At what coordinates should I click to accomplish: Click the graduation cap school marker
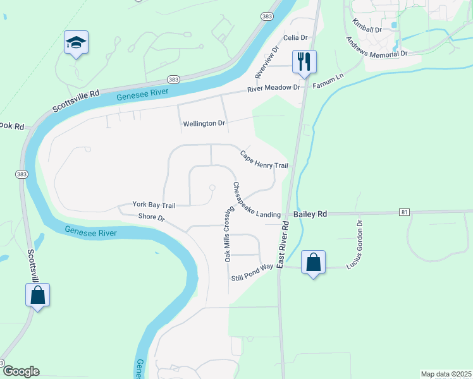click(76, 44)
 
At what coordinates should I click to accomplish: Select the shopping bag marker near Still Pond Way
click(314, 262)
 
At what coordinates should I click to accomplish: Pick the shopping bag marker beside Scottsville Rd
click(37, 295)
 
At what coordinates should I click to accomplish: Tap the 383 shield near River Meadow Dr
click(173, 79)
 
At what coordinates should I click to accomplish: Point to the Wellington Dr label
click(204, 123)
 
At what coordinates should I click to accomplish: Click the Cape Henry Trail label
click(264, 160)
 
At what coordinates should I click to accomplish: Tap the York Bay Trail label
click(154, 205)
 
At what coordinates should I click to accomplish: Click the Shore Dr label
click(151, 218)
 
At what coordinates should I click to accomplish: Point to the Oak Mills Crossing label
click(226, 234)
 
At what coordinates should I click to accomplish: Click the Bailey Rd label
click(310, 215)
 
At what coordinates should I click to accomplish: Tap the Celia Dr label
click(294, 38)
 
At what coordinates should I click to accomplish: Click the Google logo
click(21, 371)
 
